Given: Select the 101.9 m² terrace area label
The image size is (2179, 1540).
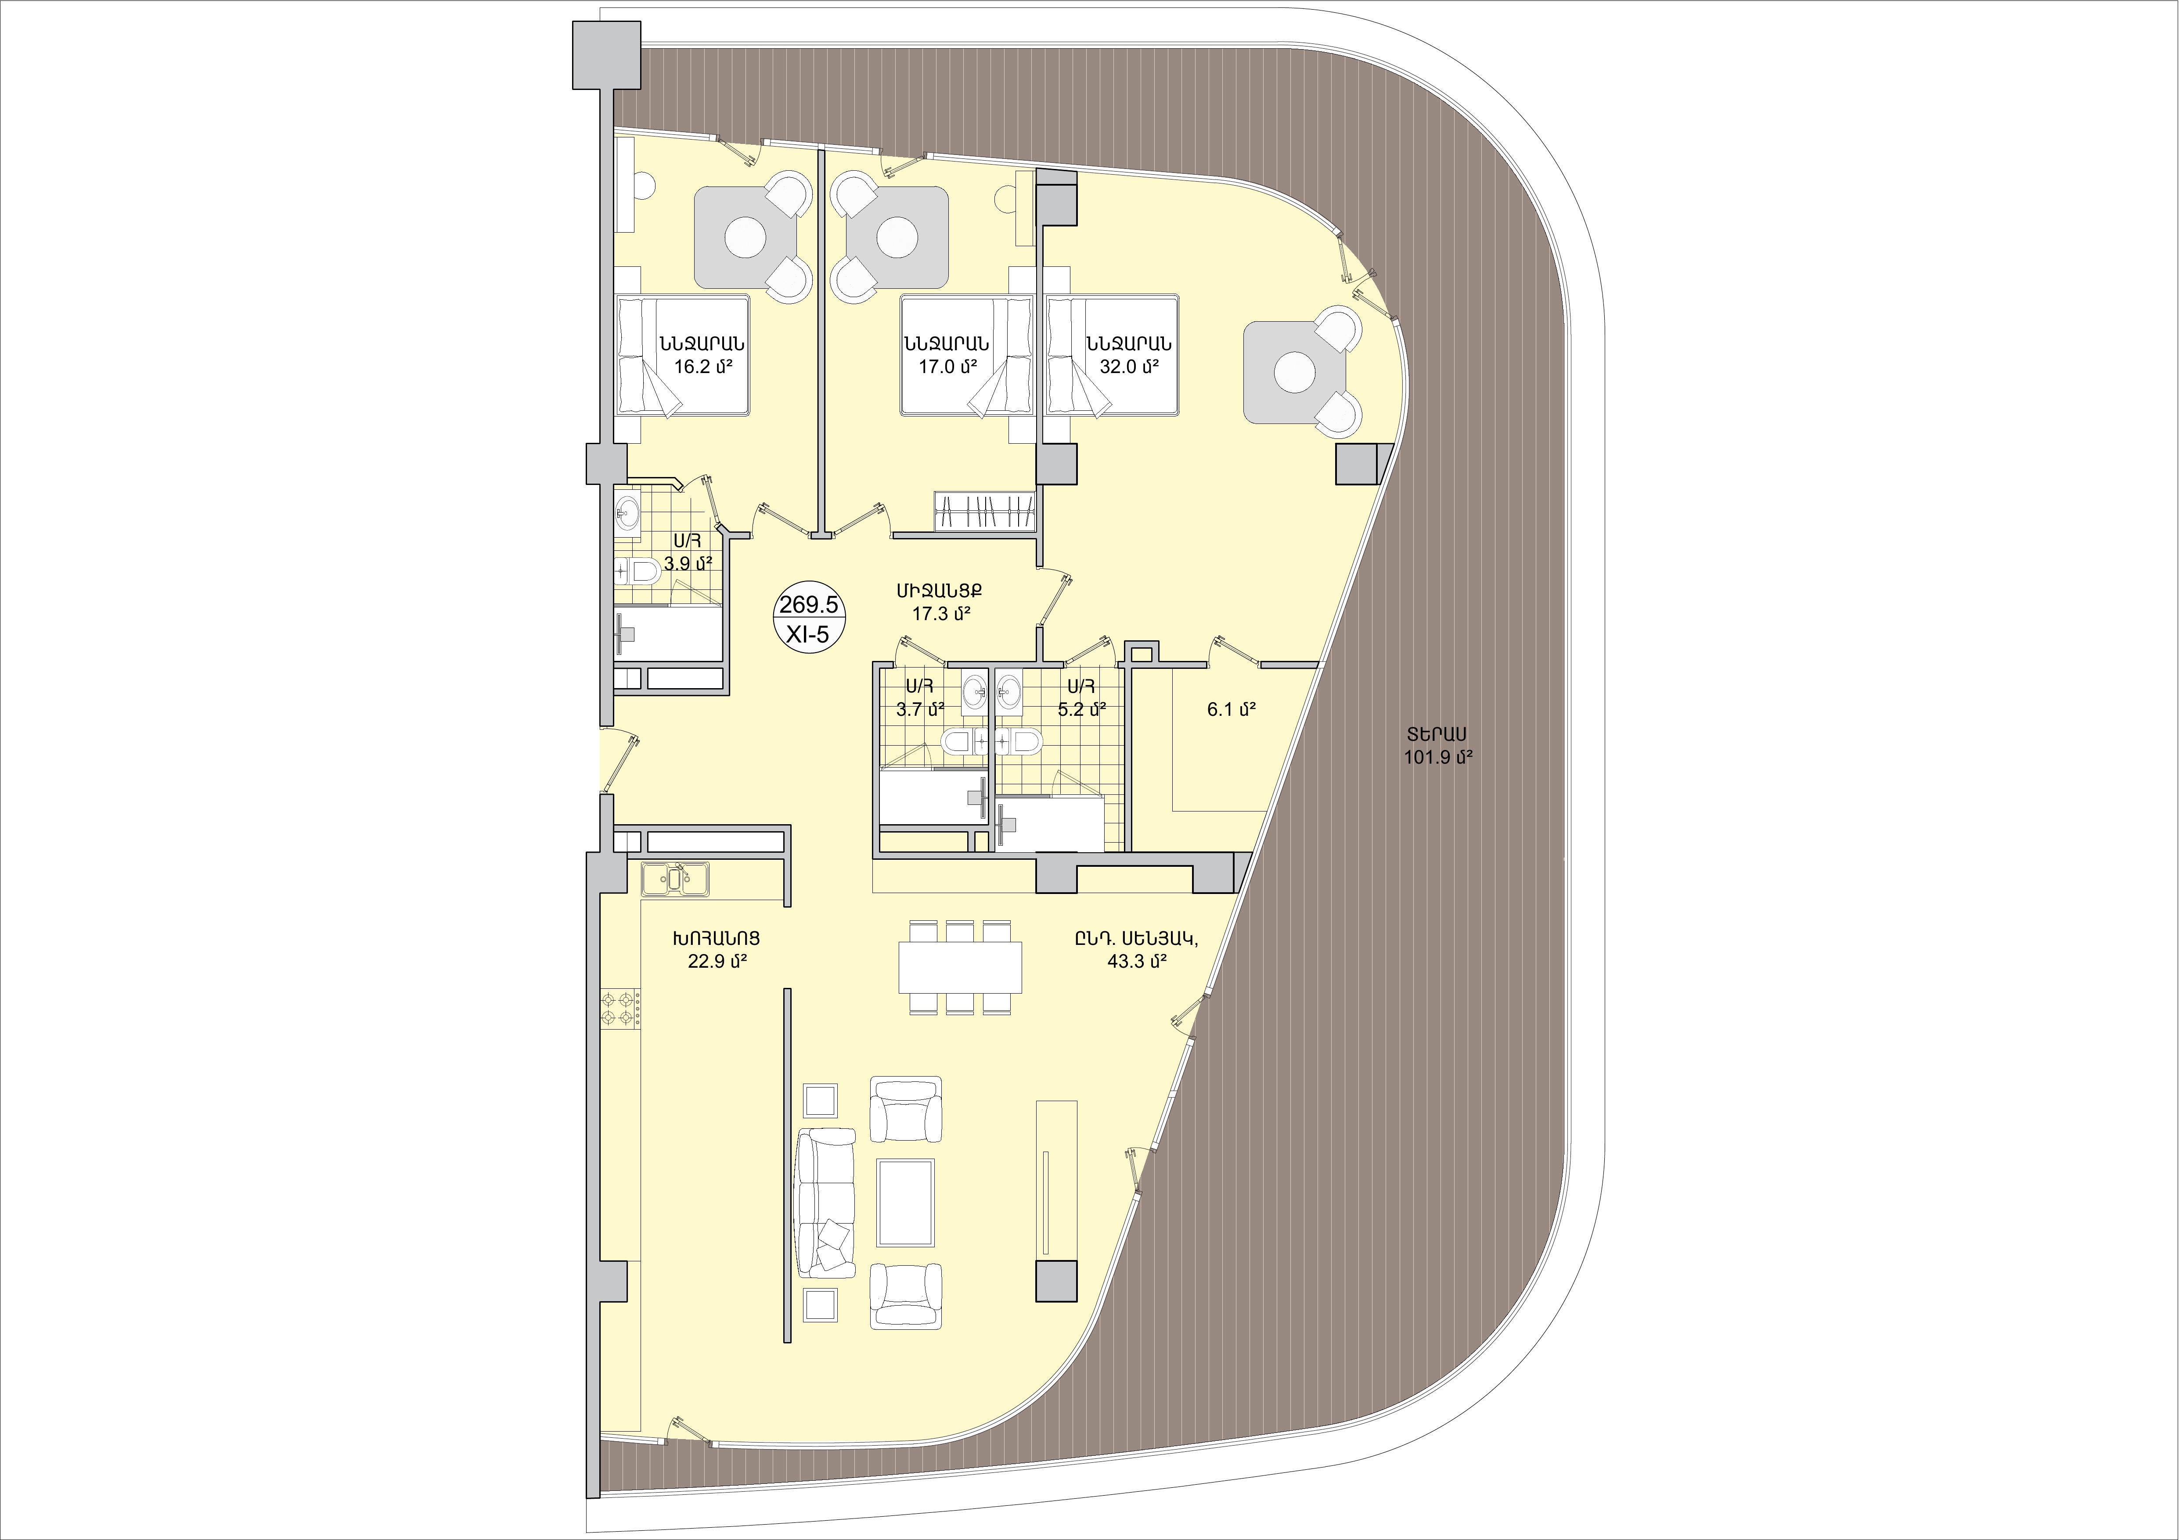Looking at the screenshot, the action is tap(1438, 757).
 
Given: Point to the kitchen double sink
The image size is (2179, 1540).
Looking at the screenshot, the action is tap(674, 879).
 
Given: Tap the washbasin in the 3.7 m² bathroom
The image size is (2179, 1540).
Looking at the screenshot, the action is tap(974, 691).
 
